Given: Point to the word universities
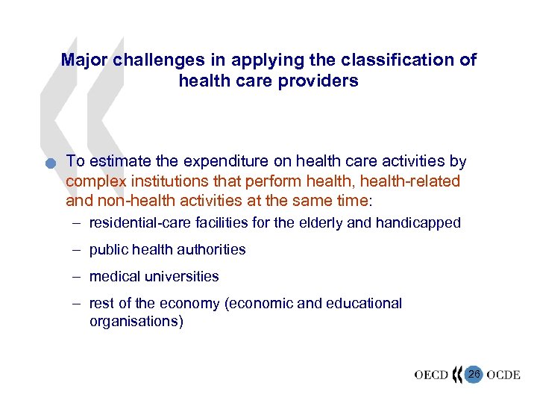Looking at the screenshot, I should (x=184, y=276).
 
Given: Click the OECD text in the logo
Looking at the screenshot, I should (x=431, y=375).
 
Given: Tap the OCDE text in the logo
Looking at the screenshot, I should (x=502, y=375).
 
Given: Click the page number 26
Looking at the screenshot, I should (x=474, y=373).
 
